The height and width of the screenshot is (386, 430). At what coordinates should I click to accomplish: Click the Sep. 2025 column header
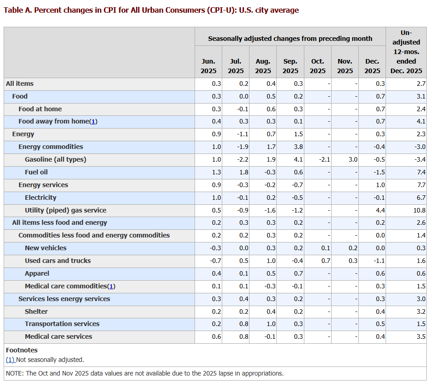coord(290,66)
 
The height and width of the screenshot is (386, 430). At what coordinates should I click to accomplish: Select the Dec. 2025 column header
coord(372,66)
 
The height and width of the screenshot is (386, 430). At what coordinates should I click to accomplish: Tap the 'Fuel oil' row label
coord(36,172)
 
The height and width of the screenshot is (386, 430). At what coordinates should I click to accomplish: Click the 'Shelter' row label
coord(36,312)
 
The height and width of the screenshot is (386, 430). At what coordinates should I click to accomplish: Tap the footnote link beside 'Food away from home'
coord(93,122)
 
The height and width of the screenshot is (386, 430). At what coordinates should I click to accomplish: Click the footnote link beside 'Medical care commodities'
coord(111,286)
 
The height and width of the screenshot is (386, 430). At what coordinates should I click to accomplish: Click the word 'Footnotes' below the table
coord(22,350)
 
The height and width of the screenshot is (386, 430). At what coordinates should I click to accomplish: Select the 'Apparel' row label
coord(37,273)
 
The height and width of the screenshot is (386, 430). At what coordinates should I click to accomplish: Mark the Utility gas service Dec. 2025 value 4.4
coord(380,210)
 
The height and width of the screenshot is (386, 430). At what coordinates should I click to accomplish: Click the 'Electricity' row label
coord(41,198)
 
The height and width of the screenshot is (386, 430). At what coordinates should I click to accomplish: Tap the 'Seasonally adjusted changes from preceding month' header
coord(290,39)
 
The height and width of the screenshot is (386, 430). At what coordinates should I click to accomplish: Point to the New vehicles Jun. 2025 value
coord(215,248)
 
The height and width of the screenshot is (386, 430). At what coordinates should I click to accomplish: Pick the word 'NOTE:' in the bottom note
coord(15,373)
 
